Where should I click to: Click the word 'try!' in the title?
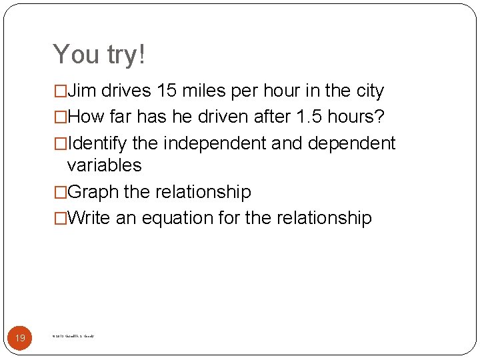121,55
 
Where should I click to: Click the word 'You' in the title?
74,55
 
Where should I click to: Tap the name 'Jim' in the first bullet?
82,91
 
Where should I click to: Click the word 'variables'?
105,165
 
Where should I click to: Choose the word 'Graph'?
93,192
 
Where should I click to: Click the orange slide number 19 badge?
20,338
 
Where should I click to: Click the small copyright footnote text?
73,337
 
